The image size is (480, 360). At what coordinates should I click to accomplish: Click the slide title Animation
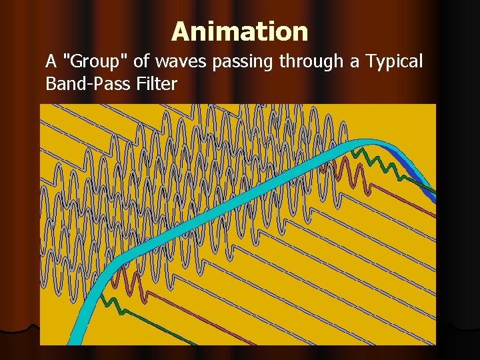click(239, 31)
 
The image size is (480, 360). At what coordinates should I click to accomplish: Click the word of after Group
click(141, 62)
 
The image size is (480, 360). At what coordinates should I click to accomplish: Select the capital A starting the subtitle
click(51, 62)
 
